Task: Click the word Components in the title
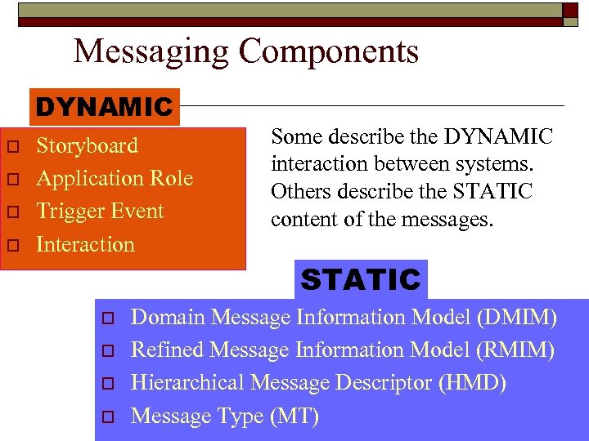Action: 329,52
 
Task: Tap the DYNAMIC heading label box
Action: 105,107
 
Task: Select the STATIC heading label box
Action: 361,280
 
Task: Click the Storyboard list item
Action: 87,145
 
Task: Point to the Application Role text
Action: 115,178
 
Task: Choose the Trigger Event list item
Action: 100,211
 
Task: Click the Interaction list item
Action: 85,244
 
